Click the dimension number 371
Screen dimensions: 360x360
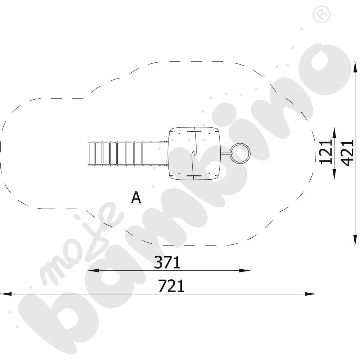click(167, 262)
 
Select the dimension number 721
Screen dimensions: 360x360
click(171, 286)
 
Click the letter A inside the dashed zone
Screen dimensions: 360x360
click(136, 197)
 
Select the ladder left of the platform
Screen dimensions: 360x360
click(116, 153)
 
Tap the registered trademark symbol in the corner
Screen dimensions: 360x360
click(321, 14)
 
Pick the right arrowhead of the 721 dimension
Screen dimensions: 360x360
click(310, 294)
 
